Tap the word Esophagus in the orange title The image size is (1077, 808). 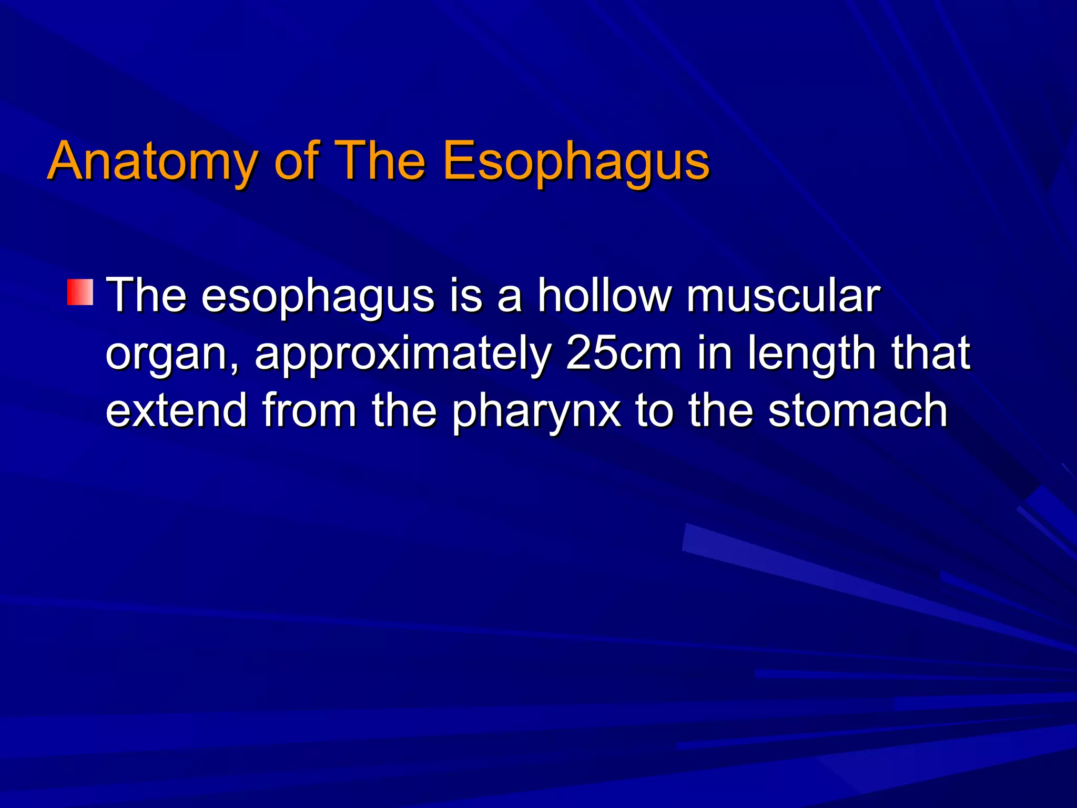(x=576, y=162)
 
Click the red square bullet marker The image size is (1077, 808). (x=80, y=292)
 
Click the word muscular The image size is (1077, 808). (x=783, y=296)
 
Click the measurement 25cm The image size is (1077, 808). (x=624, y=353)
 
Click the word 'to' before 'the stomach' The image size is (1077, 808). (x=654, y=411)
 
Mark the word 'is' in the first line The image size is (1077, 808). (x=466, y=296)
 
